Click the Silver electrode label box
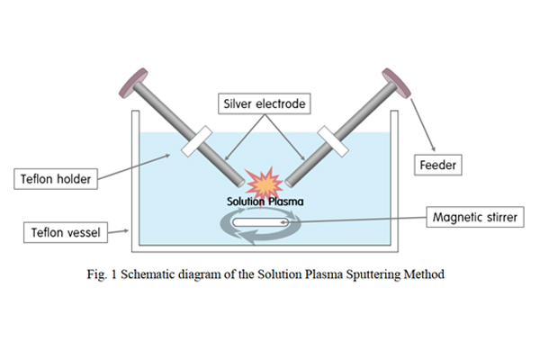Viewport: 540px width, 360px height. coord(265,104)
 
